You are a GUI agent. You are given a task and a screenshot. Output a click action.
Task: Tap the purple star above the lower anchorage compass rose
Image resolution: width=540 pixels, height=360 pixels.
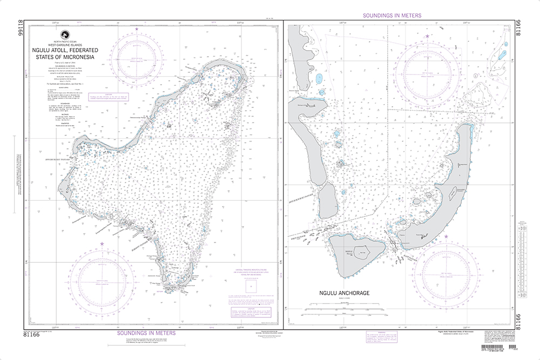coord(446,237)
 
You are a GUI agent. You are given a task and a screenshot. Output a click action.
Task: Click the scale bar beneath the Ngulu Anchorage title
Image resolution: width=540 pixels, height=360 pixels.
coord(342,310)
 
